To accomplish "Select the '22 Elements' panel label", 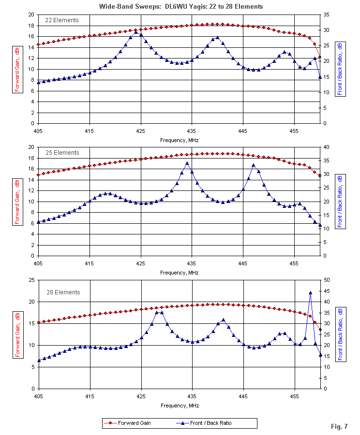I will (62, 20).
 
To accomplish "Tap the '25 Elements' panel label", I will (62, 153).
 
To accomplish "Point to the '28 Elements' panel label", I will (62, 292).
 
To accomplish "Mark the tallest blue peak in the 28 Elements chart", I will (310, 292).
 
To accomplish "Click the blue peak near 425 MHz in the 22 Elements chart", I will (136, 32).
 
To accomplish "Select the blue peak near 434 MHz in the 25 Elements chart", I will (187, 163).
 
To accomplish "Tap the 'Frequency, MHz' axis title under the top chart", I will (179, 140).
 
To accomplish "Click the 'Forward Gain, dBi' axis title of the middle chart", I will (17, 202).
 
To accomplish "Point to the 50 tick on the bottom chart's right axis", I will (327, 280).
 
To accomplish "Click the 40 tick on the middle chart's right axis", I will (327, 147).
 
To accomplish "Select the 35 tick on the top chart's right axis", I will (327, 14).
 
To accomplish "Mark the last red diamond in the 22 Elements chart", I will (320, 57).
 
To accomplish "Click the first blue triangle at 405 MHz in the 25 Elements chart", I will (38, 222).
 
